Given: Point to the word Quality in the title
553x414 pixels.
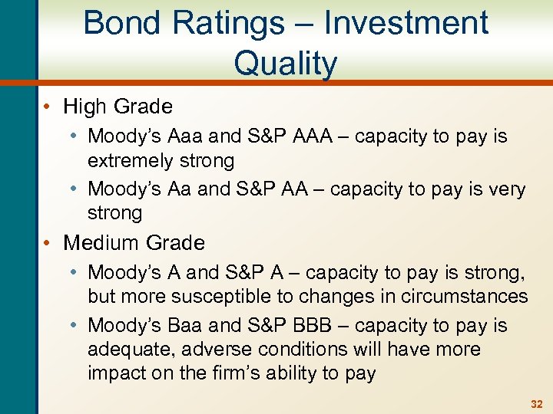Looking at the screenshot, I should coord(285,64).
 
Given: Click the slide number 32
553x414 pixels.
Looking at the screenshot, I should coord(537,403).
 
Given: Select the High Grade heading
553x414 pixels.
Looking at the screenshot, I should coord(118,106).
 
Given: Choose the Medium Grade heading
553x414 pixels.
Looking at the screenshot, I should coord(134,243).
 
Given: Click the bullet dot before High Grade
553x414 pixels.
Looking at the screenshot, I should coord(51,106).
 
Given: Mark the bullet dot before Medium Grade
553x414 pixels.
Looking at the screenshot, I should coord(51,243).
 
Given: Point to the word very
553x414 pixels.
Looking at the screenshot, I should coord(503,189).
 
